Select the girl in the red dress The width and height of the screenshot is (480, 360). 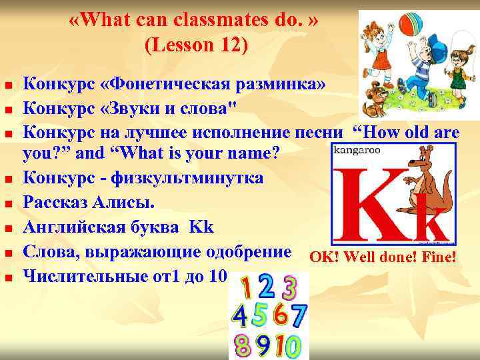point(379,53)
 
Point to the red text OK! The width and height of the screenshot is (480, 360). point(323,255)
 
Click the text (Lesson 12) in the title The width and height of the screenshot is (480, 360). point(195,45)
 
